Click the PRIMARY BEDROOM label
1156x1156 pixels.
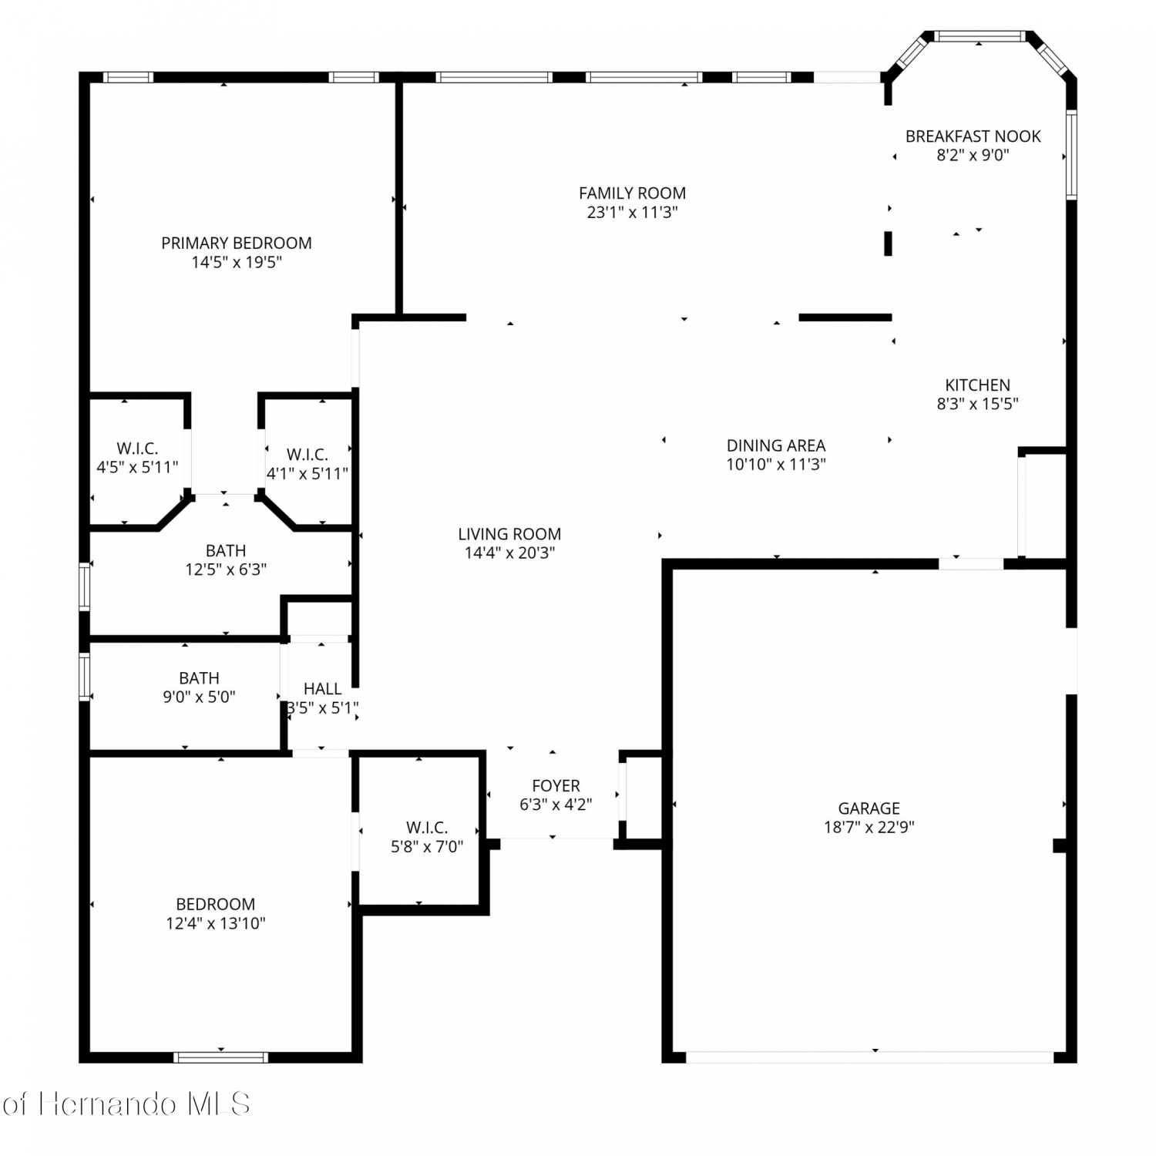237,243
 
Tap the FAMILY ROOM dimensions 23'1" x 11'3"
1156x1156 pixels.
632,213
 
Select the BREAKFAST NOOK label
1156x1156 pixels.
973,136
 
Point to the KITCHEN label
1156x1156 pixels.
977,385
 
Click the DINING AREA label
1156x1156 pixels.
776,445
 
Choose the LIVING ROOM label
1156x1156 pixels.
509,533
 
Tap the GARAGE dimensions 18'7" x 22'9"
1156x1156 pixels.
869,827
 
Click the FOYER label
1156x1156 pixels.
556,785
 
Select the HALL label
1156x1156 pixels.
322,688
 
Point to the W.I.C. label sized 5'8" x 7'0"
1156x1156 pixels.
427,827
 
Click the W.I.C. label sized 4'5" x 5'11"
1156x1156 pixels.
137,448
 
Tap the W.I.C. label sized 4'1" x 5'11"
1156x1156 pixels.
307,455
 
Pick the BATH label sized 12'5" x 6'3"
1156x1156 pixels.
226,550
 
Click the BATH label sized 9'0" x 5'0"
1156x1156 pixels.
199,677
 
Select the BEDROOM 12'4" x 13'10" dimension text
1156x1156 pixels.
216,923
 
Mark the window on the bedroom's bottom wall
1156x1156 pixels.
221,1057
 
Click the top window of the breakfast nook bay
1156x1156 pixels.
979,36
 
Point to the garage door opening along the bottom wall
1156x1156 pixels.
869,1057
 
